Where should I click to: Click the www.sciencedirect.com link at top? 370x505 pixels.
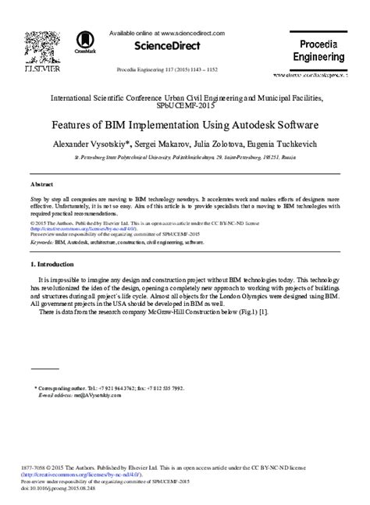click(x=191, y=34)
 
